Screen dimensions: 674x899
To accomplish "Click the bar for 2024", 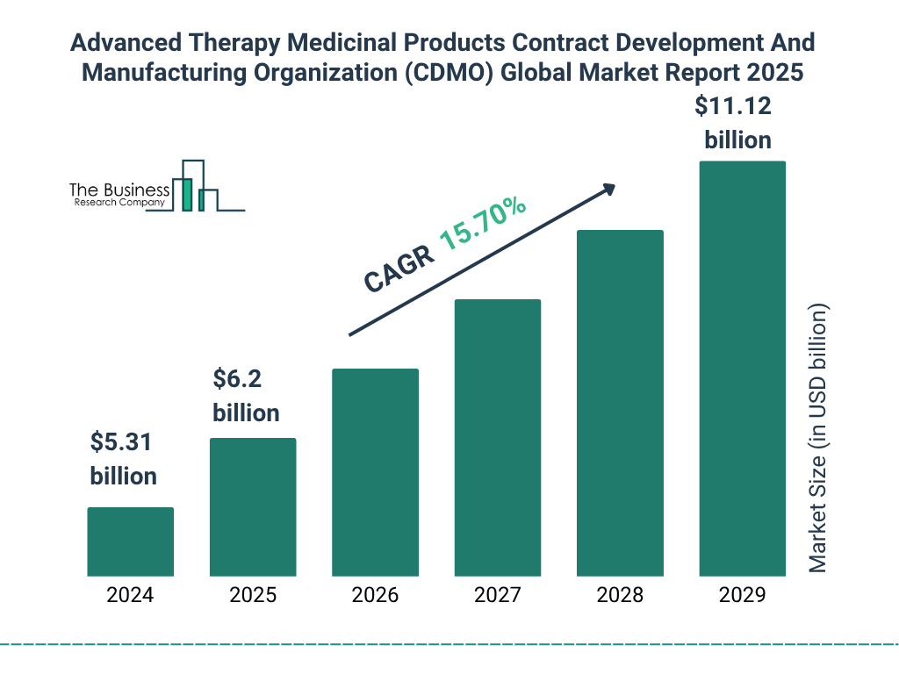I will [130, 541].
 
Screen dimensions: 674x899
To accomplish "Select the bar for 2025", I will [253, 507].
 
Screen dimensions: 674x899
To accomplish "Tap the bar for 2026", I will [375, 472].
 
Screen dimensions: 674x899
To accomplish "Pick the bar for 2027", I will [497, 438].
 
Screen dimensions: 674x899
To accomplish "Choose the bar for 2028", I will [620, 403].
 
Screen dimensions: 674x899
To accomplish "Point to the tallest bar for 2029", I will [742, 369].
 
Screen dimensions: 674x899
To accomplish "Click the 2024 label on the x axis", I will [130, 595].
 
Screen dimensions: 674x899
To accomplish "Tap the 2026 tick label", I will [375, 595].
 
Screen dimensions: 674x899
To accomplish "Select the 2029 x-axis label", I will [742, 595].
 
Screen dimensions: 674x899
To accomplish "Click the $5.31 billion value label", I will [123, 459].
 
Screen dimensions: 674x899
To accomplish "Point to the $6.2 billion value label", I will [246, 396].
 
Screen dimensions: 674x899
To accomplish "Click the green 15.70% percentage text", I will [482, 224].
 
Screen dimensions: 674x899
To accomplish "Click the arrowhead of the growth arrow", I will [608, 189].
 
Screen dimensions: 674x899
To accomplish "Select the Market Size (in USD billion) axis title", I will [818, 439].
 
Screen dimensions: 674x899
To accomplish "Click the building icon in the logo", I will [198, 187].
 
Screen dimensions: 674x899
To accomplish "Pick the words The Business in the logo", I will [119, 190].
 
